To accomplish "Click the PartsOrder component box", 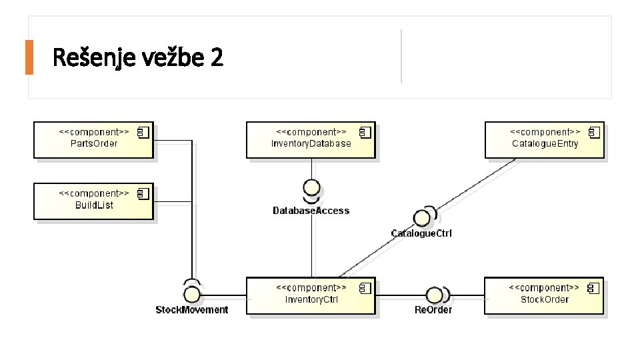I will pyautogui.click(x=93, y=139).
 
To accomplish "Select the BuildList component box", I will pyautogui.click(x=93, y=201).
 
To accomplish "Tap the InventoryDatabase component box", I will pyautogui.click(x=310, y=139).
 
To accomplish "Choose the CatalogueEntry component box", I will pyautogui.click(x=544, y=139).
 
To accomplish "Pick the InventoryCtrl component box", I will pyautogui.click(x=311, y=295).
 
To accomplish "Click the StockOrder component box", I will pyautogui.click(x=543, y=295).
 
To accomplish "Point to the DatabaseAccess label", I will pyautogui.click(x=311, y=211).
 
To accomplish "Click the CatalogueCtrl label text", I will pyautogui.click(x=421, y=233).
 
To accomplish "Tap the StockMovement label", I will pyautogui.click(x=192, y=310).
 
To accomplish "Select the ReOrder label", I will pyautogui.click(x=433, y=310).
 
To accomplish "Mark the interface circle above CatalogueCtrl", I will pyautogui.click(x=421, y=218).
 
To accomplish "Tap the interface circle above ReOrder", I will pyautogui.click(x=434, y=295).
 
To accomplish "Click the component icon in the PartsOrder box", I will pyautogui.click(x=143, y=133).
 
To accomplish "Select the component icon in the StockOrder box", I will pyautogui.click(x=593, y=288).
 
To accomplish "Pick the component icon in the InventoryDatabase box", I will pyautogui.click(x=365, y=133).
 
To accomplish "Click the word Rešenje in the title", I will pyautogui.click(x=93, y=58).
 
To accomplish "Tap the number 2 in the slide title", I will pyautogui.click(x=217, y=58).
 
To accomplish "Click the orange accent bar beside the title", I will pyautogui.click(x=29, y=57).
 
